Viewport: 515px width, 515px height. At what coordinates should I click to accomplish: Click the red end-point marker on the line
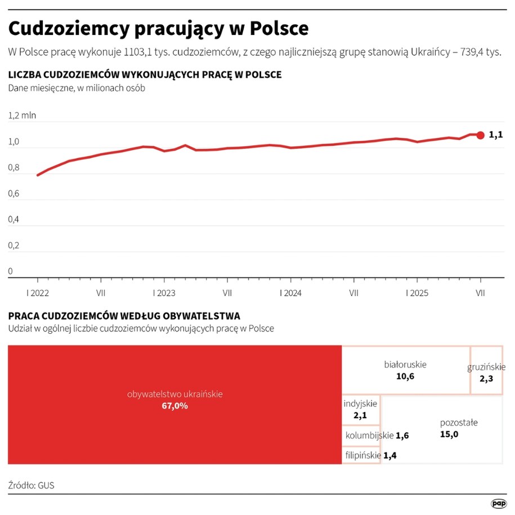click(480, 135)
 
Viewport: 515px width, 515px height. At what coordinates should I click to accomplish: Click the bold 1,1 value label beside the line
click(495, 135)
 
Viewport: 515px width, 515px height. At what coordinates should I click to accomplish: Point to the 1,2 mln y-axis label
click(22, 115)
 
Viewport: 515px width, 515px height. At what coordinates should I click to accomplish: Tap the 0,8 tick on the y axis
click(14, 168)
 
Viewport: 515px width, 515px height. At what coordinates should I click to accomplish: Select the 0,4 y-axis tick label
click(14, 220)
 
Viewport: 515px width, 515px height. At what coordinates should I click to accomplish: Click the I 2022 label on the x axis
click(38, 293)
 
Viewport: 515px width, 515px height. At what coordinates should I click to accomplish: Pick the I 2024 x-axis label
click(290, 293)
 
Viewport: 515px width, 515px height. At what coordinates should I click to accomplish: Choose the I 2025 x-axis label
click(417, 293)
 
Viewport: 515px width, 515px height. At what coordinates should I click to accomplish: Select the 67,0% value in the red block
click(174, 406)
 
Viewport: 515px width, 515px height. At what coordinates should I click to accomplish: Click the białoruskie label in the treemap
click(405, 364)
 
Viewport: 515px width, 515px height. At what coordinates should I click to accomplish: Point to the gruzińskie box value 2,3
click(486, 379)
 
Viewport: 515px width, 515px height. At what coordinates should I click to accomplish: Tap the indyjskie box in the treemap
click(360, 409)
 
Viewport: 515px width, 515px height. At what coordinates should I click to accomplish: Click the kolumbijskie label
click(369, 435)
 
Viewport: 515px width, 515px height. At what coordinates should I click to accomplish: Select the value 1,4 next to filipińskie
click(389, 455)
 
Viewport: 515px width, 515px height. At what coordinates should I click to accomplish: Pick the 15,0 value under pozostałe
click(449, 434)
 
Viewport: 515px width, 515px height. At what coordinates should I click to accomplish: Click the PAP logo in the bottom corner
click(498, 503)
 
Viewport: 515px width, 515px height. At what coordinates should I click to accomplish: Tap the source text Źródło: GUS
click(32, 485)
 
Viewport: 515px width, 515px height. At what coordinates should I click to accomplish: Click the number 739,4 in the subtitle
click(473, 52)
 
